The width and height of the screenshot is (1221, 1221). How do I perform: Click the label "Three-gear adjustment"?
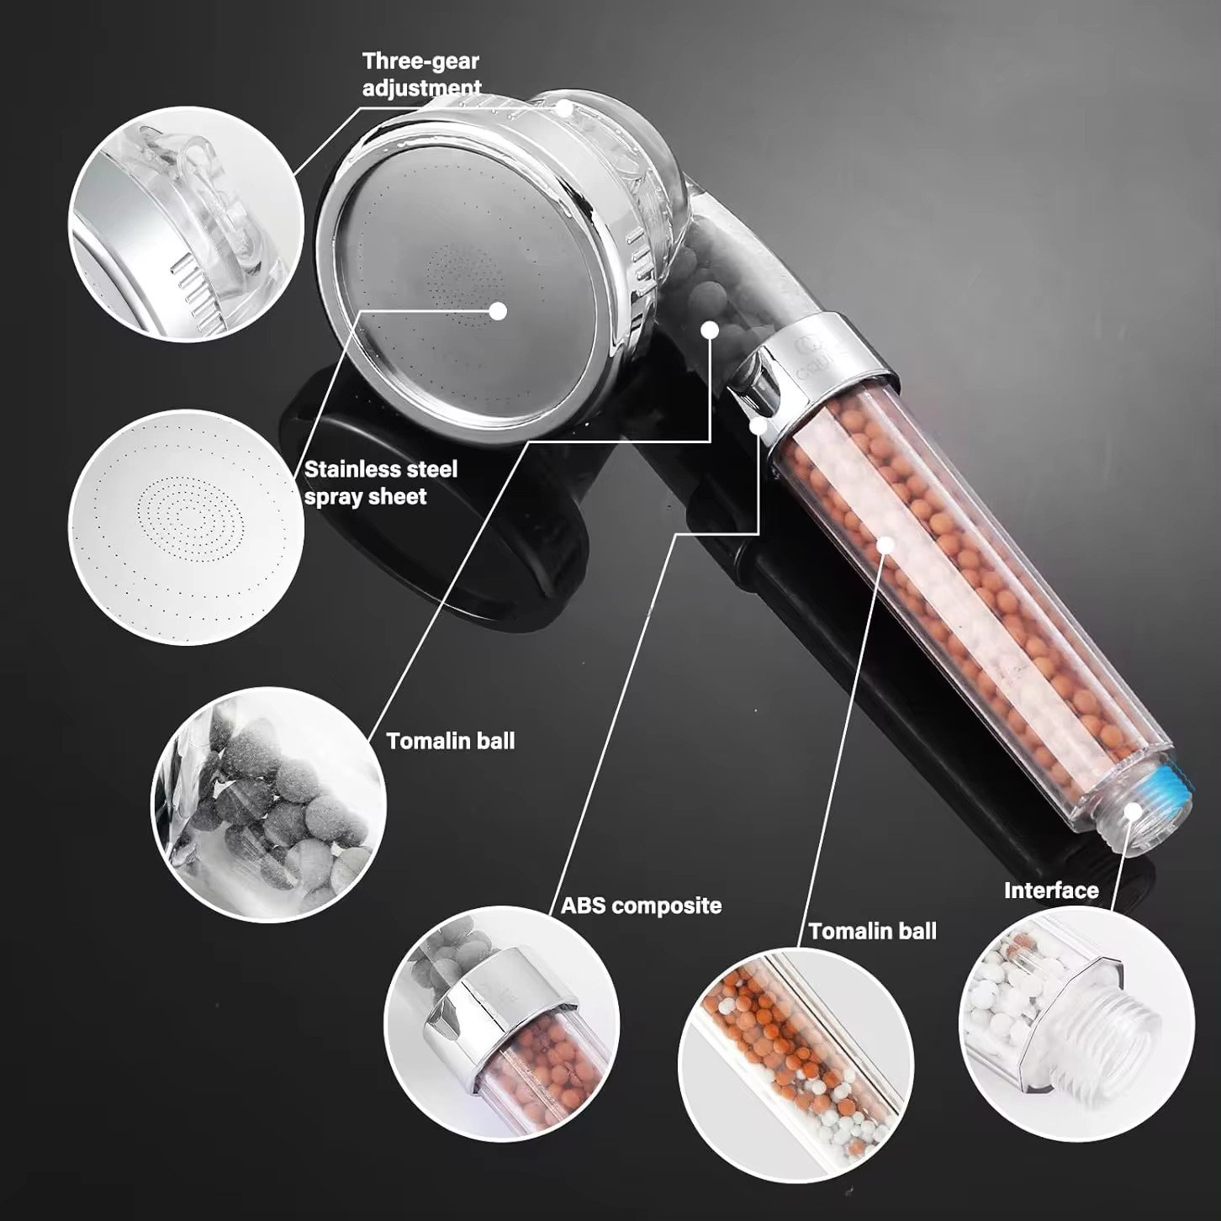tap(421, 74)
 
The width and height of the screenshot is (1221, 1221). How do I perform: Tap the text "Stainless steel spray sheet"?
tap(380, 483)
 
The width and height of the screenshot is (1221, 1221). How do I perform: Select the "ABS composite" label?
tap(642, 906)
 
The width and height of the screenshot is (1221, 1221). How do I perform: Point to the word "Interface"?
tap(1051, 891)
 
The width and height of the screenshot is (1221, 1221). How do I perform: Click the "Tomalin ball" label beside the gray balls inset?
tap(451, 741)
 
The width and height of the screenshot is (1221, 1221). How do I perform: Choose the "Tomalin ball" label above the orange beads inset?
tap(873, 931)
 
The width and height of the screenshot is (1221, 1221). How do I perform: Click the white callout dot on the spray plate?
tap(499, 311)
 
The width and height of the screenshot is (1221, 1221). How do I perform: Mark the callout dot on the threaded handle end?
tap(1133, 812)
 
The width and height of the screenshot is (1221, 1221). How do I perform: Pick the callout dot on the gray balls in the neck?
tap(710, 330)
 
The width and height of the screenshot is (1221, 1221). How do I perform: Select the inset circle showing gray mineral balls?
tap(268, 805)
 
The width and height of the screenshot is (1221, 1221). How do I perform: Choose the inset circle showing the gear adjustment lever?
tap(187, 225)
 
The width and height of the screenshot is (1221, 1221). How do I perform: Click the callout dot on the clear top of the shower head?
tap(564, 108)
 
